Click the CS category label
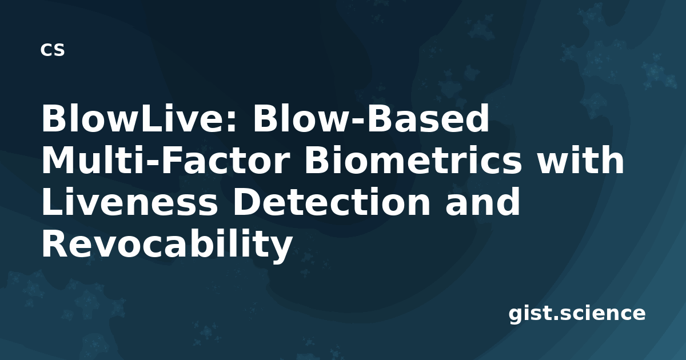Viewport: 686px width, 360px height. [53, 50]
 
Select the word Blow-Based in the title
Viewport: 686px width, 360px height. [371, 118]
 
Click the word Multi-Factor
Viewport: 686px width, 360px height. [166, 161]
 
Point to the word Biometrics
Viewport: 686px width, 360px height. [413, 161]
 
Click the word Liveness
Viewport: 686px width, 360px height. [130, 202]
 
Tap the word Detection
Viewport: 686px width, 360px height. [332, 202]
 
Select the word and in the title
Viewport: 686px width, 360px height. [482, 202]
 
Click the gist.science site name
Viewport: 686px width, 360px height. [577, 314]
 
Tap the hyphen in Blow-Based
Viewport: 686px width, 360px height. [358, 122]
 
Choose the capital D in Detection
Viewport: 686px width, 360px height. [247, 202]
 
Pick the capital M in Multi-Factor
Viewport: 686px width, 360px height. [58, 161]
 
